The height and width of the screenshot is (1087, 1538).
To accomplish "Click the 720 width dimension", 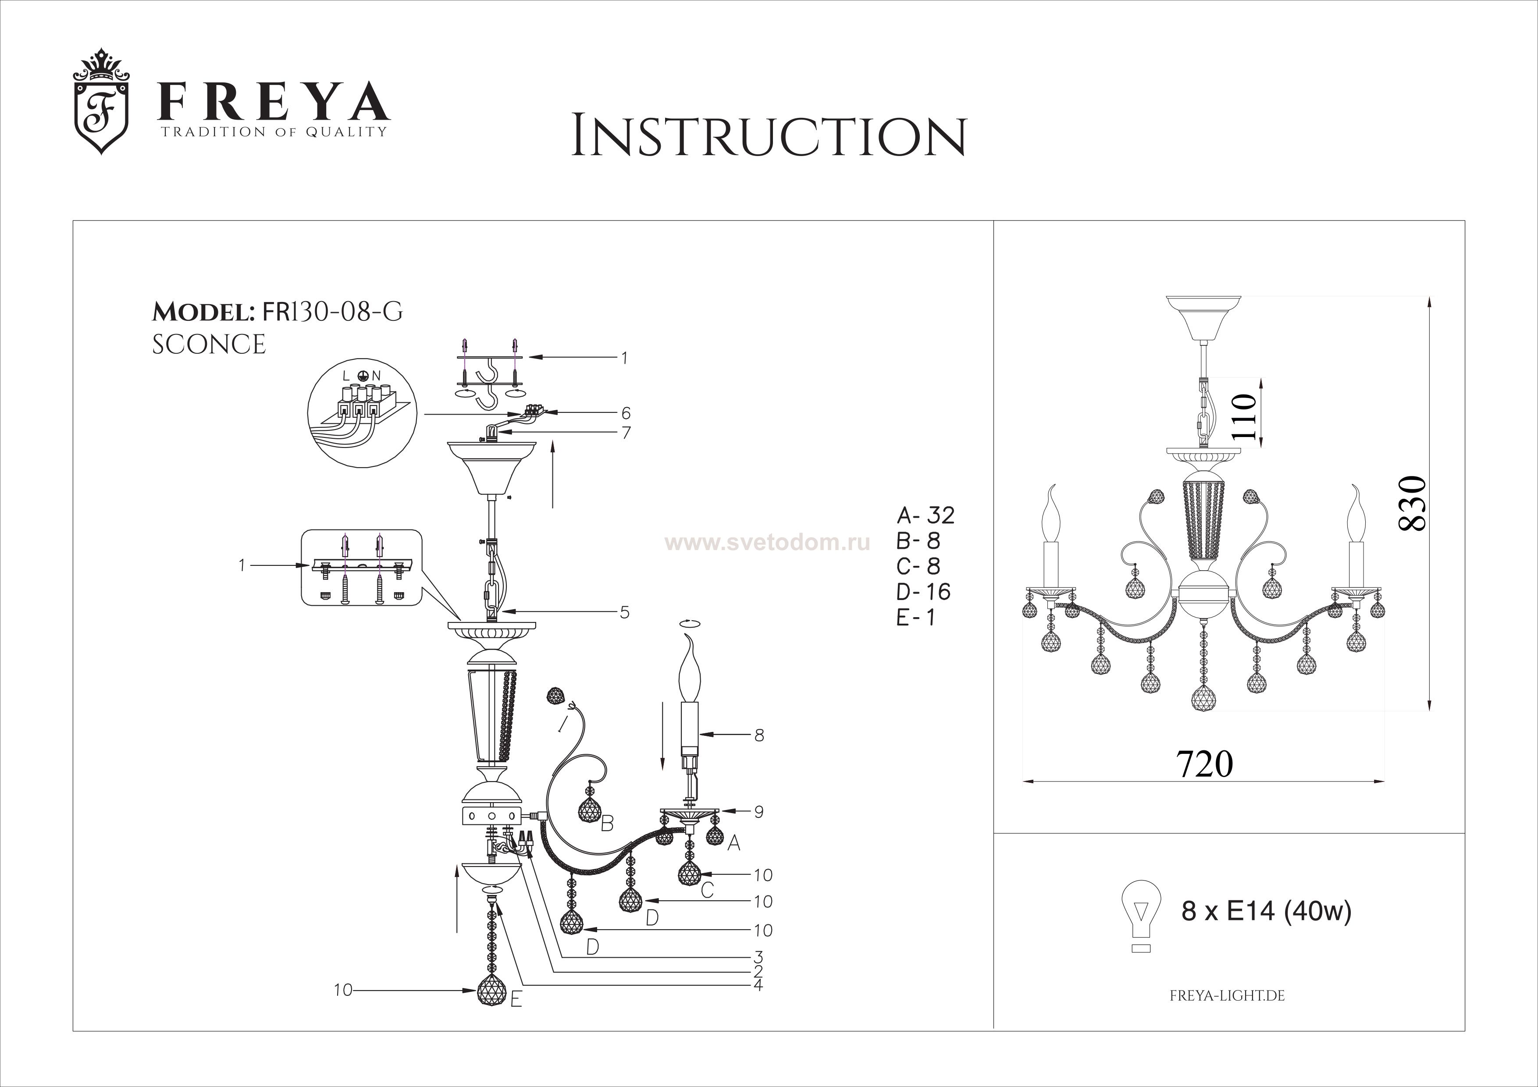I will pyautogui.click(x=1204, y=764).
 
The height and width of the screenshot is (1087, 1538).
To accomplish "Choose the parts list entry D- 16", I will pyautogui.click(x=923, y=591).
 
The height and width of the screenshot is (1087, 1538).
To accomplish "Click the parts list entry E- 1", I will pyautogui.click(x=915, y=617).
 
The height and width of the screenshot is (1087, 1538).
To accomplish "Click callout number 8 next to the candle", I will pyautogui.click(x=759, y=735).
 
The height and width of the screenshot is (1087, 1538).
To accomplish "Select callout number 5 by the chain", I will pyautogui.click(x=624, y=612).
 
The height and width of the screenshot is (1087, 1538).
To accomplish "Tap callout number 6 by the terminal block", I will pyautogui.click(x=626, y=413).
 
